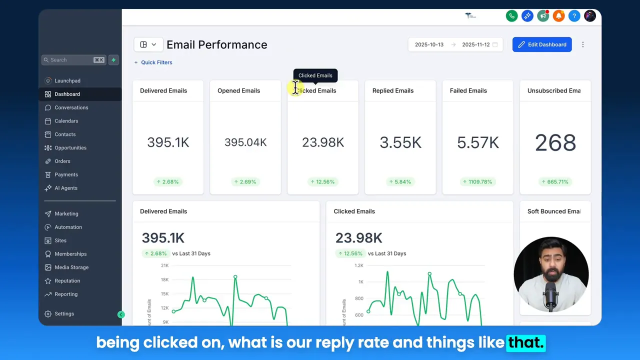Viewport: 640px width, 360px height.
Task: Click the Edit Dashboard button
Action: click(542, 44)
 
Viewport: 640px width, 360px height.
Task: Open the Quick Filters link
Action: click(156, 62)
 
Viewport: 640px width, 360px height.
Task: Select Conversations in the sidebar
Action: click(71, 107)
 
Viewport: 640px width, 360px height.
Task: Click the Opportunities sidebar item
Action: click(70, 148)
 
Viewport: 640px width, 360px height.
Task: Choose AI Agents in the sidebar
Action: click(65, 188)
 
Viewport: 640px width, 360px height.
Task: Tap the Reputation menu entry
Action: click(67, 281)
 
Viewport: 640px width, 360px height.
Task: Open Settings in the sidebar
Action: click(64, 314)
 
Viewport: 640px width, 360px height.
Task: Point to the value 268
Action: click(555, 143)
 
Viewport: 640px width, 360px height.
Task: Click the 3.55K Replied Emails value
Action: click(400, 143)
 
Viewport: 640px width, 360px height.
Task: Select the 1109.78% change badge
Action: click(477, 182)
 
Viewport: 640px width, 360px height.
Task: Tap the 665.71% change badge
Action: click(555, 182)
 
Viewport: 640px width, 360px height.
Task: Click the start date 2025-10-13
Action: click(429, 44)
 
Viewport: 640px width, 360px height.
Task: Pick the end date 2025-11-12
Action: click(475, 44)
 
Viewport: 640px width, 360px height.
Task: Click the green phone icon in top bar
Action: click(511, 16)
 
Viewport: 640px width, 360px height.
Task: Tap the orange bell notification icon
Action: click(558, 16)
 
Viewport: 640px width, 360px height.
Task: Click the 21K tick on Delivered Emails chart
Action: click(164, 265)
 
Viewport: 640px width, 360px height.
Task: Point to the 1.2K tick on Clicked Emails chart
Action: click(359, 265)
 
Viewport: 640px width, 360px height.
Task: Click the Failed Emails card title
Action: click(468, 90)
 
